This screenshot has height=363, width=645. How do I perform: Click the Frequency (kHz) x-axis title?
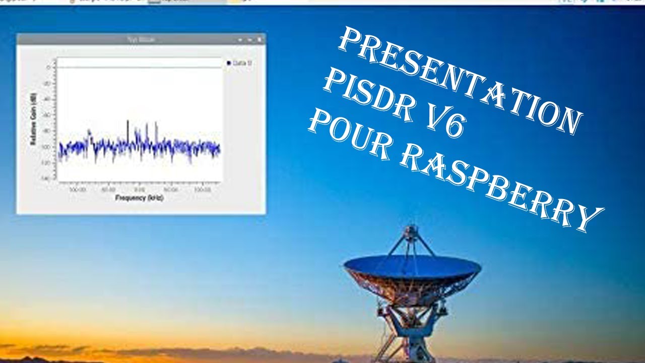(x=139, y=198)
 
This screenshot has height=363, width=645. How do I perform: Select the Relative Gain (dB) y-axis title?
(x=34, y=121)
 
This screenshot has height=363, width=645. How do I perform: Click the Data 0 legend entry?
(x=240, y=63)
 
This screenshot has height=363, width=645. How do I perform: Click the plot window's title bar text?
(x=141, y=39)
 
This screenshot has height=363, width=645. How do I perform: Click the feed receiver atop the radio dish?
(x=412, y=231)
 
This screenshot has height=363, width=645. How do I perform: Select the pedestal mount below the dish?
(x=411, y=323)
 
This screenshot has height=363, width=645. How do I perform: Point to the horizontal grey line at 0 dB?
(x=139, y=68)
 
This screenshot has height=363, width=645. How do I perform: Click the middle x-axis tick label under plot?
(x=140, y=190)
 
